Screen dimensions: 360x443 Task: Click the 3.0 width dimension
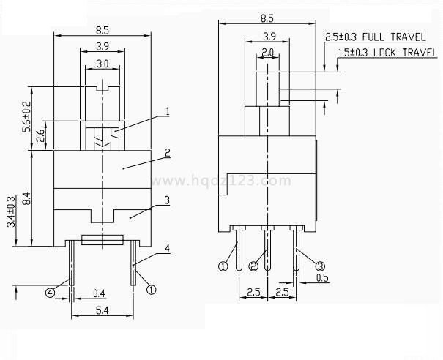pyautogui.click(x=103, y=64)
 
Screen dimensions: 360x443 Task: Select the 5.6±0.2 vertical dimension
pyautogui.click(x=27, y=116)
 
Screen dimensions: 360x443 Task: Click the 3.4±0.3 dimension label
pyautogui.click(x=10, y=212)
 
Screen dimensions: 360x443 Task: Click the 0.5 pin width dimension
pyautogui.click(x=322, y=278)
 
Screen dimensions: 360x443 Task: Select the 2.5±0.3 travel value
pyautogui.click(x=343, y=36)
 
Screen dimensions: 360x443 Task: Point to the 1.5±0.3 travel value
pyautogui.click(x=354, y=53)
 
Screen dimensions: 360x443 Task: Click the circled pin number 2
pyautogui.click(x=253, y=266)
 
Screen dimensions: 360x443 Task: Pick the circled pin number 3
pyautogui.click(x=321, y=263)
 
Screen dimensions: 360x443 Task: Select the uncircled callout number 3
pyautogui.click(x=167, y=200)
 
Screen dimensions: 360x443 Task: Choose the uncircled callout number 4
pyautogui.click(x=167, y=249)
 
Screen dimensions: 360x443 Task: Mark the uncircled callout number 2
pyautogui.click(x=167, y=153)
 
